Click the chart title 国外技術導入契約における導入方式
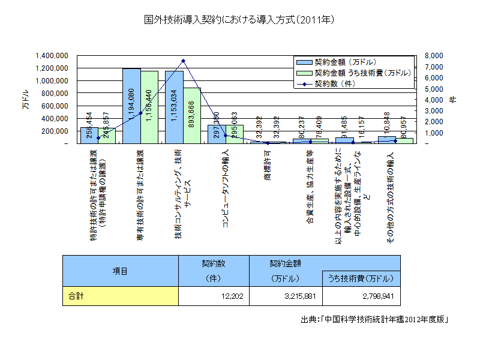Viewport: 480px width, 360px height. tap(239, 20)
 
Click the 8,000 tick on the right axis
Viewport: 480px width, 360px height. tap(433, 55)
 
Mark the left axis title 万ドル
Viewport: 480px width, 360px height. tap(25, 99)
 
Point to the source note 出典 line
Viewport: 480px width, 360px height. tap(375, 319)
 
